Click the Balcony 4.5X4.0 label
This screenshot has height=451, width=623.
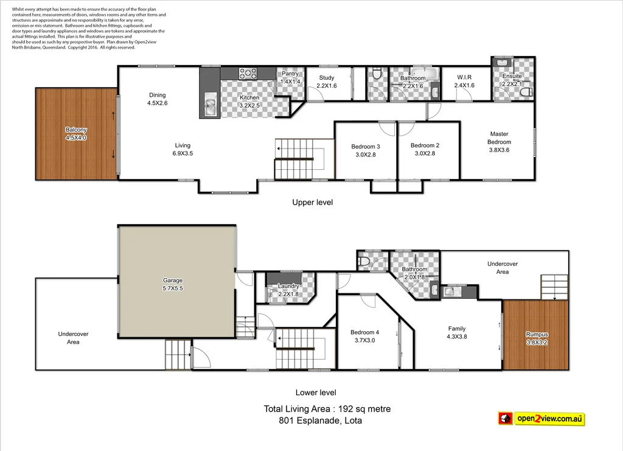[76, 134]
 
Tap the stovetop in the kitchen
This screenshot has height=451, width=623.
[248, 74]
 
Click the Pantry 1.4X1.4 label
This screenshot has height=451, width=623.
[290, 77]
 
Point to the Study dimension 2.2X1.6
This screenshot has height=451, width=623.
[327, 86]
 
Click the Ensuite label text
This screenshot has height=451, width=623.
[512, 77]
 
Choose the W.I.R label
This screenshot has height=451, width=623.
[464, 77]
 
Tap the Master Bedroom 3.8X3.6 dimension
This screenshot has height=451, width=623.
[499, 150]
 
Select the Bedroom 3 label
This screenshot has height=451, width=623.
[366, 146]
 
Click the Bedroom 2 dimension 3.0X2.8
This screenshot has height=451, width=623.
[425, 154]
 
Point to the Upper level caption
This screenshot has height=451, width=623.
[312, 202]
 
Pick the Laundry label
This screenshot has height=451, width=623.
[288, 286]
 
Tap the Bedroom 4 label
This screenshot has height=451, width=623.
[364, 332]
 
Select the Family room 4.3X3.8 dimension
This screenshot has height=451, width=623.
[457, 336]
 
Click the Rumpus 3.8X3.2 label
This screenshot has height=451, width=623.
[537, 334]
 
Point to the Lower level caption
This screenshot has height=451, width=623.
[316, 393]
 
